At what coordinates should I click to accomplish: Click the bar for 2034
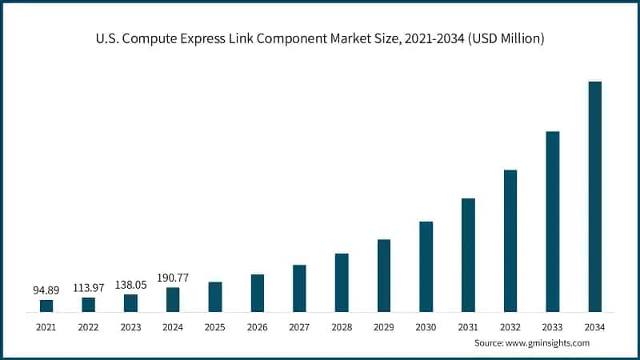(x=594, y=196)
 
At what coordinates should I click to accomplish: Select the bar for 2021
(x=46, y=306)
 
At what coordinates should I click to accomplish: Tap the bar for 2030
(x=426, y=266)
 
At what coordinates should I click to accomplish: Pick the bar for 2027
(x=299, y=288)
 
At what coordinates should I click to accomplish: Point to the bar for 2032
(x=510, y=240)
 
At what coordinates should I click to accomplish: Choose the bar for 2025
(x=215, y=296)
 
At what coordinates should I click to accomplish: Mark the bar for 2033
(x=553, y=221)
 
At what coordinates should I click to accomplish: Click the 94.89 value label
(x=46, y=290)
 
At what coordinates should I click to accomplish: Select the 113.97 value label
(x=89, y=287)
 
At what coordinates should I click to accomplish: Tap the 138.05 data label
(x=130, y=284)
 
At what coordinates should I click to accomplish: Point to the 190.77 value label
(x=173, y=277)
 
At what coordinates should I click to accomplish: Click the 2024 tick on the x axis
(x=173, y=327)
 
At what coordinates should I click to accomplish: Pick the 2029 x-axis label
(x=383, y=327)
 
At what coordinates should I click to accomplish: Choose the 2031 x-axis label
(x=468, y=327)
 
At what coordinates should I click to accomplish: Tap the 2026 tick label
(x=257, y=327)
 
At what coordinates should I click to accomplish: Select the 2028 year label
(x=342, y=327)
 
